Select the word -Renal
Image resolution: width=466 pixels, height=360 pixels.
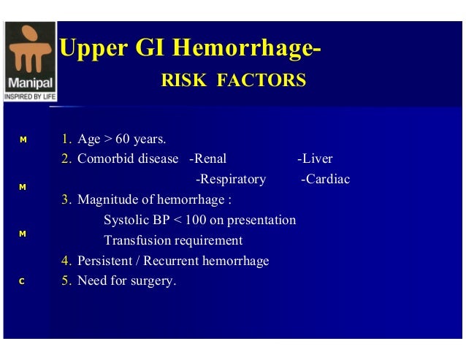[207, 159]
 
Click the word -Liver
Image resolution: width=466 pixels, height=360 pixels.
[315, 159]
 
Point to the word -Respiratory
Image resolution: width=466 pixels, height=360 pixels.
[231, 179]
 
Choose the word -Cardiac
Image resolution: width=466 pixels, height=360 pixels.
[325, 179]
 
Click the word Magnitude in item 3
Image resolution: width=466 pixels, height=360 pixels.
[107, 199]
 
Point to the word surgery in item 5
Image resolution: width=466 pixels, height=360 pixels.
[153, 281]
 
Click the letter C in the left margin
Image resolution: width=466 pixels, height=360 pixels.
[23, 280]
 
